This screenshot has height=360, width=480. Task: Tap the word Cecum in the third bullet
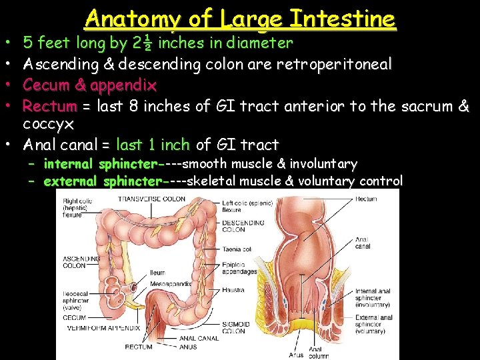[x=45, y=85]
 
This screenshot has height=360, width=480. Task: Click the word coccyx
[x=48, y=124]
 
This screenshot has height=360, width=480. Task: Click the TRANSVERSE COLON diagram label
[x=158, y=199]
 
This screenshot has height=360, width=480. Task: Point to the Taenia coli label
[x=237, y=249]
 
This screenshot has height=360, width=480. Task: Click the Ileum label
[x=157, y=273]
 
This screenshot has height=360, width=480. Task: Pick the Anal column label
[x=319, y=353]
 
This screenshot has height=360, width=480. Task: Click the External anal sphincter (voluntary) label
[x=373, y=324]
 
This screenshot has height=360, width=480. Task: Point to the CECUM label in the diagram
[x=75, y=318]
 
